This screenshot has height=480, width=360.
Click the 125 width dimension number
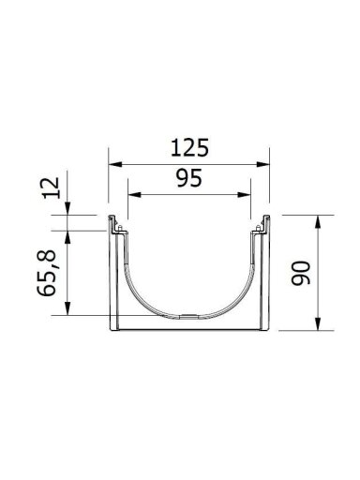[189, 147]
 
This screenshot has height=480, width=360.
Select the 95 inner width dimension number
[189, 178]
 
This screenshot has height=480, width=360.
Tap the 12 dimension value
[52, 187]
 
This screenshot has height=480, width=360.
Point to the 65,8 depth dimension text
[47, 273]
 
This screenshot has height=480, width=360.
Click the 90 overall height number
[301, 273]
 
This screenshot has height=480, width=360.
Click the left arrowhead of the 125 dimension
[114, 164]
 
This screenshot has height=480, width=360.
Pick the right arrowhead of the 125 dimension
[262, 164]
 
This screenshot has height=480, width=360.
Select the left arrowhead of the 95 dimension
[134, 195]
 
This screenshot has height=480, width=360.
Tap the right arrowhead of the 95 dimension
[244, 195]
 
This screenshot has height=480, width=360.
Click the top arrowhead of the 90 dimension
[318, 222]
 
